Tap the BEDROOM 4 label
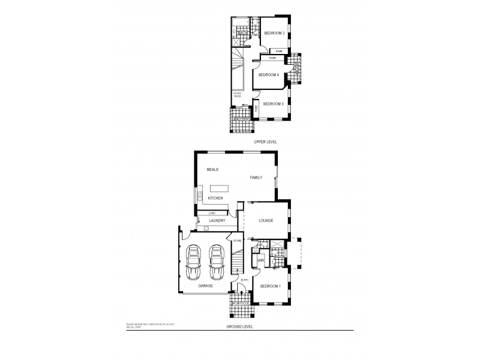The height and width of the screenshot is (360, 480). [268, 75]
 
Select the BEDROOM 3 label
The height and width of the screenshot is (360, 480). [273, 104]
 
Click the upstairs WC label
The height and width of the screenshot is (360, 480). [255, 35]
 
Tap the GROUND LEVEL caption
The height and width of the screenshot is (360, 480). [239, 326]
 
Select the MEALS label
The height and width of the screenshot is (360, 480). [212, 170]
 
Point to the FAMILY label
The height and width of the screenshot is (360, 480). [257, 178]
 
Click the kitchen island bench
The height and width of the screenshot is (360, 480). [220, 188]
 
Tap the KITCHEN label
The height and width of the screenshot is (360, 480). [215, 198]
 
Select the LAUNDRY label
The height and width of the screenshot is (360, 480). [217, 221]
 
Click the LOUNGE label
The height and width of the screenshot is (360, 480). [266, 221]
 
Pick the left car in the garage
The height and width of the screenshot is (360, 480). [194, 262]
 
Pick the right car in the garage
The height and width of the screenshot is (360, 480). [216, 262]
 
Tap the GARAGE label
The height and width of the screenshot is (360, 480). [207, 287]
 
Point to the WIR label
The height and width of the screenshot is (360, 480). [261, 262]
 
